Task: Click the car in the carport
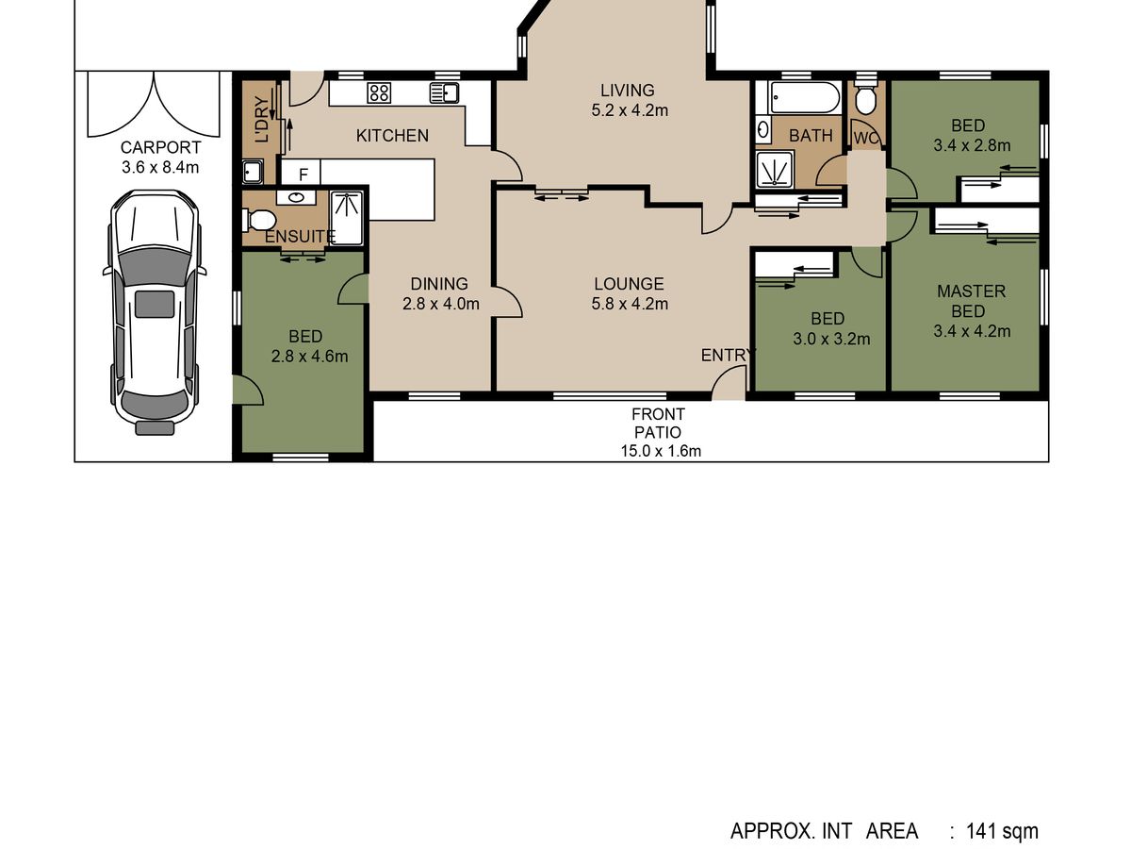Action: click(x=155, y=312)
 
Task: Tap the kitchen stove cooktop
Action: click(x=379, y=92)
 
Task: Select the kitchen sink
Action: click(x=444, y=92)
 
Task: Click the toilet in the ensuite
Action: click(x=259, y=220)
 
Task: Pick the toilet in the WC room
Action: click(x=865, y=96)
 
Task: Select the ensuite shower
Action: click(x=346, y=218)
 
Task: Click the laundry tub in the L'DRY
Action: click(x=252, y=172)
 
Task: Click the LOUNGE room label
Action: click(x=629, y=284)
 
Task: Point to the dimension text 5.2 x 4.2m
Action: click(x=630, y=110)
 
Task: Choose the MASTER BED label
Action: click(x=971, y=301)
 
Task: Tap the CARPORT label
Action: click(x=160, y=147)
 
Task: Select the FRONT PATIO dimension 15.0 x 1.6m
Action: click(x=661, y=451)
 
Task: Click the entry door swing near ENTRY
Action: click(x=729, y=382)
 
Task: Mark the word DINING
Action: click(x=439, y=284)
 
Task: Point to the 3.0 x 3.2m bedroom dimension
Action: click(x=831, y=339)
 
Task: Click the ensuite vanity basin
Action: click(x=296, y=197)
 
